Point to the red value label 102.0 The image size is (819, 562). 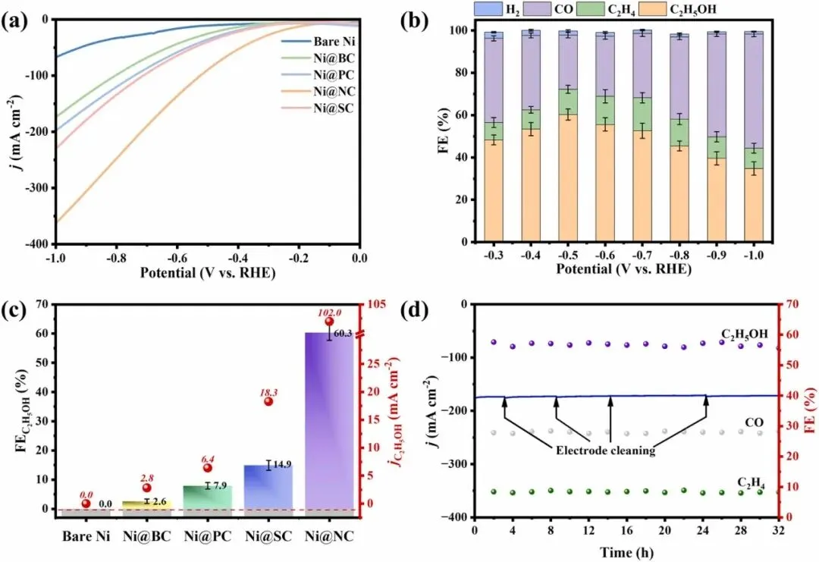[x=328, y=311]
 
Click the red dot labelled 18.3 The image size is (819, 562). [x=268, y=401]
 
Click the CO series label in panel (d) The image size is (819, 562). [x=754, y=422]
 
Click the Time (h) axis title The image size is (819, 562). [x=626, y=551]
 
